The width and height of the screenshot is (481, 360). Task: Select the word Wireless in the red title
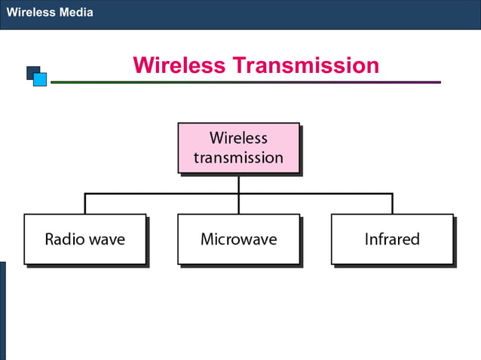(179, 66)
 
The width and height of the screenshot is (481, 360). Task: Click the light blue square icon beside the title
(40, 79)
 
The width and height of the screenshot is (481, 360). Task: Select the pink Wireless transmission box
(238, 148)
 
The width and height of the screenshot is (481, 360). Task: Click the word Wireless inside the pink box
(238, 138)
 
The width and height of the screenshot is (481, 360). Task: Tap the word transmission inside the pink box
(238, 157)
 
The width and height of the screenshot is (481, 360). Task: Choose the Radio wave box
(84, 239)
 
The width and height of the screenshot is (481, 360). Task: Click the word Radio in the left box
(64, 239)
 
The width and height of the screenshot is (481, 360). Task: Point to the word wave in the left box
(106, 239)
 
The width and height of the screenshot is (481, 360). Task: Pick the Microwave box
(238, 239)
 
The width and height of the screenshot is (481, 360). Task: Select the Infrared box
(392, 239)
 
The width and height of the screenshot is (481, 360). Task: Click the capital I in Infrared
(367, 239)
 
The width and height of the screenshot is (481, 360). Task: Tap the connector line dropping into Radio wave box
(85, 203)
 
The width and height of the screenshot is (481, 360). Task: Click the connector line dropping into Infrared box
(392, 203)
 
